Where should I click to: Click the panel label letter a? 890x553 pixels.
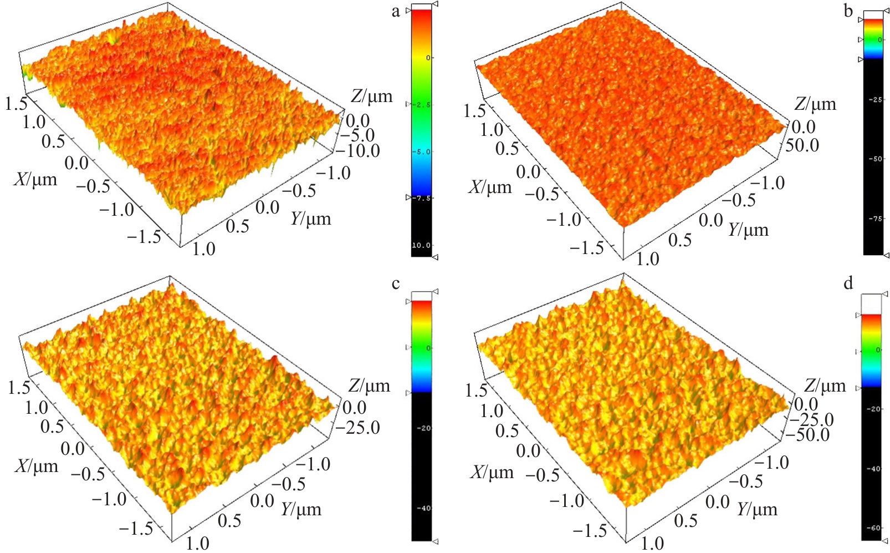(x=396, y=11)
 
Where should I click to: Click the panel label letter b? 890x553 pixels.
(x=848, y=11)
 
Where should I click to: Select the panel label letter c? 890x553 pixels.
(x=396, y=284)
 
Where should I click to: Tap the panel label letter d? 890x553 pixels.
(x=848, y=284)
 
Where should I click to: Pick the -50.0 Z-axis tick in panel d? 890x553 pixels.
(x=810, y=435)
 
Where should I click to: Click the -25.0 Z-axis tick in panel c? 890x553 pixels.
(x=361, y=427)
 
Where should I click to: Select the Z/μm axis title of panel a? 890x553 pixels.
(x=371, y=97)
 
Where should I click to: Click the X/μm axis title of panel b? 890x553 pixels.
(x=491, y=187)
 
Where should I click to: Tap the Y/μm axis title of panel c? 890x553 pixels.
(x=301, y=509)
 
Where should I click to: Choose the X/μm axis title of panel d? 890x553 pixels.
(x=493, y=472)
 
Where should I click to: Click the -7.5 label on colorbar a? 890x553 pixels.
(x=422, y=198)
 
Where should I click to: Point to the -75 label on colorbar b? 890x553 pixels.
(x=875, y=219)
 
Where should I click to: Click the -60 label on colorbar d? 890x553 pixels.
(x=873, y=527)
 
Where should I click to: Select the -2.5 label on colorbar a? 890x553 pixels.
(x=423, y=105)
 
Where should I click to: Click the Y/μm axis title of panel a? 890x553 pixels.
(x=311, y=219)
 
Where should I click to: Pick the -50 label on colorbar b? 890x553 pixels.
(x=875, y=159)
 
